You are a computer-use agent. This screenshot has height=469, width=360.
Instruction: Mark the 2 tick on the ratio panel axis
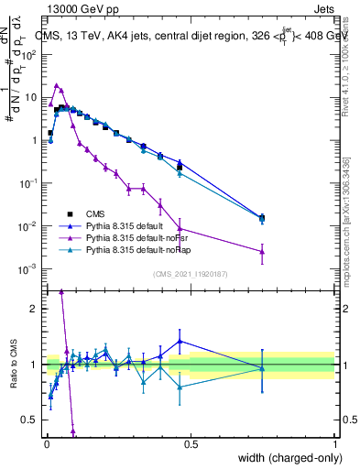33,308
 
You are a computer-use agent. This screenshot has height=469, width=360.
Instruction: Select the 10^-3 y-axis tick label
27,268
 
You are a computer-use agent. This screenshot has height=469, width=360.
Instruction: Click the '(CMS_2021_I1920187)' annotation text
191,274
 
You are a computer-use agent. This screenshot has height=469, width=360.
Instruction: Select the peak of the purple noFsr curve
57,86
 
